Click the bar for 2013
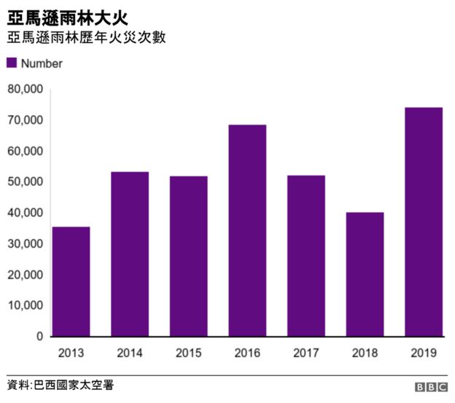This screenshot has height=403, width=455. (71, 282)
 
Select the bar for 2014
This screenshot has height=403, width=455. (130, 254)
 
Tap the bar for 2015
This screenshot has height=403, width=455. (188, 257)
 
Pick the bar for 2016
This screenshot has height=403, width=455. (247, 231)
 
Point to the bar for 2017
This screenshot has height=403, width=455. (306, 256)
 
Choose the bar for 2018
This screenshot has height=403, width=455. (365, 275)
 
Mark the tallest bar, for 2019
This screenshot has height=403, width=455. (423, 222)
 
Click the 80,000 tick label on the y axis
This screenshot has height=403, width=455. (25, 89)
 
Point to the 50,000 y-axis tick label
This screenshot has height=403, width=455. (25, 182)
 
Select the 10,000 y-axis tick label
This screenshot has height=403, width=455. (25, 306)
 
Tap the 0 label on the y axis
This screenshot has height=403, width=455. (39, 337)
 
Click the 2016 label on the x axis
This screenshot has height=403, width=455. (247, 353)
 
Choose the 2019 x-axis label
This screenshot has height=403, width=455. (423, 353)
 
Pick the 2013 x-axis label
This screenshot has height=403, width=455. (71, 353)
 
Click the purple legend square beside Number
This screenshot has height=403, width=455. (12, 63)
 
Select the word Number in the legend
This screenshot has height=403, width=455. (42, 63)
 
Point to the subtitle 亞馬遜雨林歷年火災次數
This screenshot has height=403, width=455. (86, 37)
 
